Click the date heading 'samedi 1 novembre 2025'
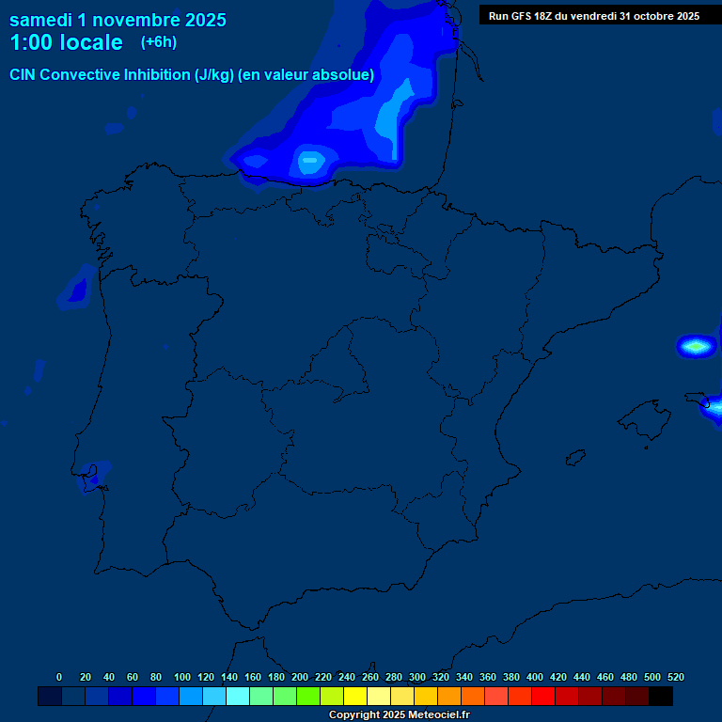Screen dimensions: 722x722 click(x=118, y=20)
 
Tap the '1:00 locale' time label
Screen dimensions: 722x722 click(x=66, y=42)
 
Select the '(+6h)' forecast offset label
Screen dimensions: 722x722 click(x=159, y=42)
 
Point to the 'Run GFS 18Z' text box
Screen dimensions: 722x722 click(x=594, y=15)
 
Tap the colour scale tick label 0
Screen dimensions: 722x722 click(x=59, y=677)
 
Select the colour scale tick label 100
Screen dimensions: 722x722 click(x=182, y=677)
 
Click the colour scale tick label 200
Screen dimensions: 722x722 click(x=300, y=677)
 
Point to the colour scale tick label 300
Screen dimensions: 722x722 click(x=417, y=677)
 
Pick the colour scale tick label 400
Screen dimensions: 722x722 click(x=535, y=677)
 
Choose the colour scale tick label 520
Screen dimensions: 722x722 click(x=676, y=677)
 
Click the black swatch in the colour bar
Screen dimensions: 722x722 click(x=661, y=697)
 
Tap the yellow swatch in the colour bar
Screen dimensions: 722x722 click(x=355, y=697)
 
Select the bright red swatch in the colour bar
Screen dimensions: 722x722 click(x=543, y=697)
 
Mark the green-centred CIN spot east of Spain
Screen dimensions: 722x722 click(x=696, y=346)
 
